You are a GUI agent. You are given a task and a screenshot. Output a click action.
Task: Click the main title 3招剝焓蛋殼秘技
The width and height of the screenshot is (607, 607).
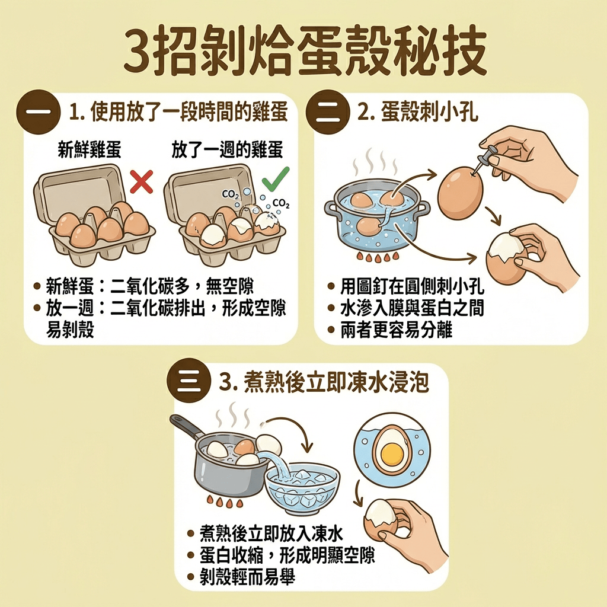click(x=303, y=52)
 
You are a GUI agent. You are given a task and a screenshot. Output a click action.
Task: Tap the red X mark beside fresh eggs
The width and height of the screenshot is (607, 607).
click(x=141, y=181)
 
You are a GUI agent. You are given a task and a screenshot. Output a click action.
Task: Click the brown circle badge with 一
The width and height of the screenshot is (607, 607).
click(x=38, y=112)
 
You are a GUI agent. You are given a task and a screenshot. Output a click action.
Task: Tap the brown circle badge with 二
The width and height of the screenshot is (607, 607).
click(x=326, y=112)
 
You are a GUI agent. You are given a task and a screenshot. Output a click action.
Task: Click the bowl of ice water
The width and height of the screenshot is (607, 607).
click(x=302, y=488)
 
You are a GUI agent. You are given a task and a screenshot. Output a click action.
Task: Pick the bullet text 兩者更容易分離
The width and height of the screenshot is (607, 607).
click(x=396, y=330)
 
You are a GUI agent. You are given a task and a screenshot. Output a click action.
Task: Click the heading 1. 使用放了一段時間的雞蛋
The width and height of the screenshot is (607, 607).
click(x=178, y=113)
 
